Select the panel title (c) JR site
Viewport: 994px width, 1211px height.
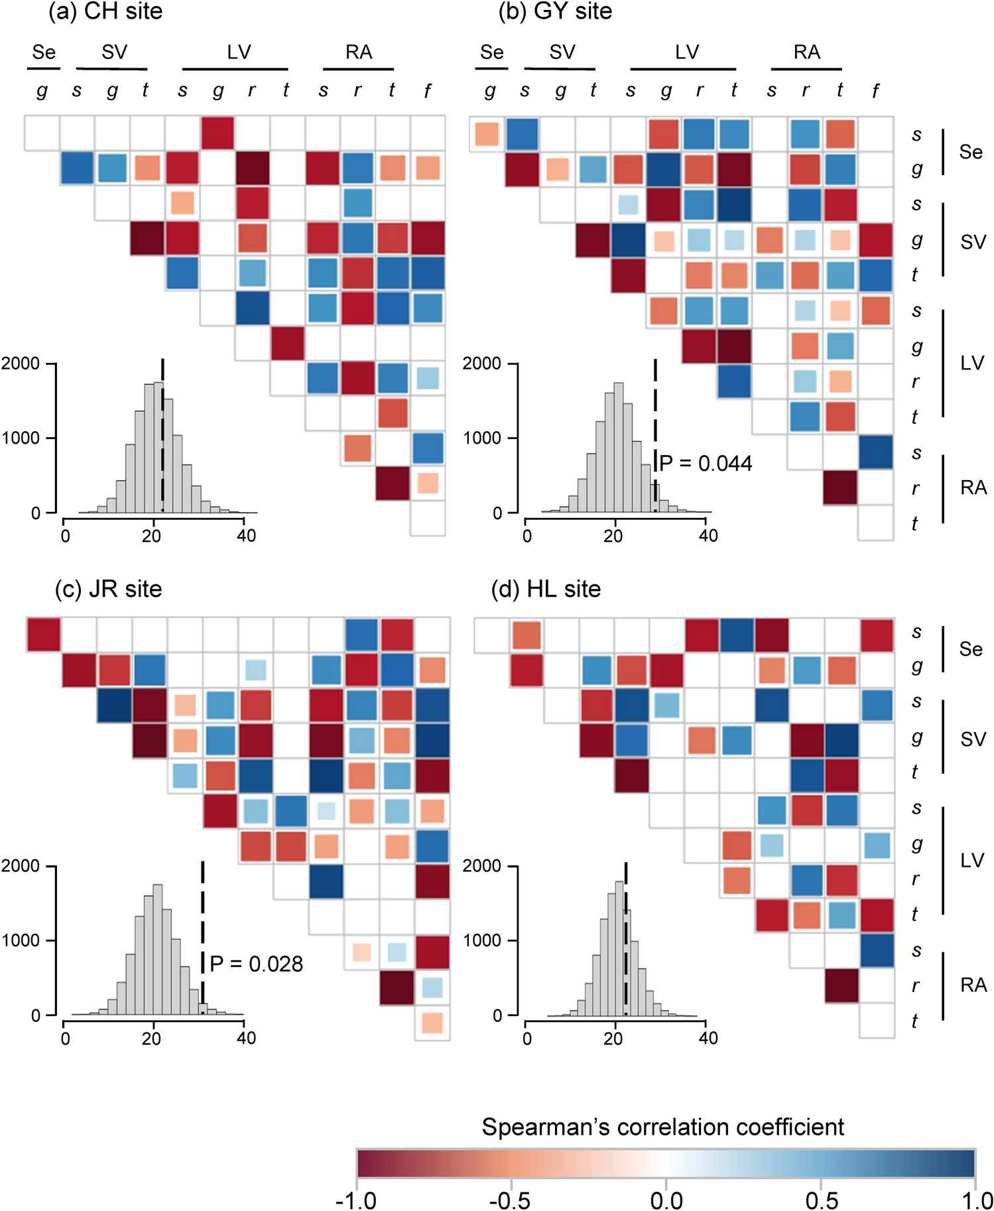click(108, 589)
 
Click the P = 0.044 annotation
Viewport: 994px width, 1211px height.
click(706, 463)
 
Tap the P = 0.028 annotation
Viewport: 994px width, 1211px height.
click(256, 964)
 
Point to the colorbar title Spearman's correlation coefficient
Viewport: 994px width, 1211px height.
click(662, 1127)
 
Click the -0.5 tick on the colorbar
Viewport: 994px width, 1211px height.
click(511, 1200)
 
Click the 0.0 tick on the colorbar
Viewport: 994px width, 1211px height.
click(666, 1200)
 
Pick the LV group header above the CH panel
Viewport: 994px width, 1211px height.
click(239, 52)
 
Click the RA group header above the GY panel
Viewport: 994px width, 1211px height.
click(806, 52)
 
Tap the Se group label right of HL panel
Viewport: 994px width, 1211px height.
click(971, 649)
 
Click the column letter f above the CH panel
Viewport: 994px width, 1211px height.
click(427, 91)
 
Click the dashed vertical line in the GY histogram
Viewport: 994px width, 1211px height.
click(655, 431)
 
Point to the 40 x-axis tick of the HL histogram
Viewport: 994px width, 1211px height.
click(708, 1038)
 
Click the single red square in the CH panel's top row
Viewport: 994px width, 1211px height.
click(217, 133)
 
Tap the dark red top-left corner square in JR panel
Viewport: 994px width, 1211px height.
click(44, 635)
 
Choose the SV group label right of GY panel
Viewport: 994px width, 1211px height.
click(973, 242)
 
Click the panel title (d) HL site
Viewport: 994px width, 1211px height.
click(546, 589)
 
